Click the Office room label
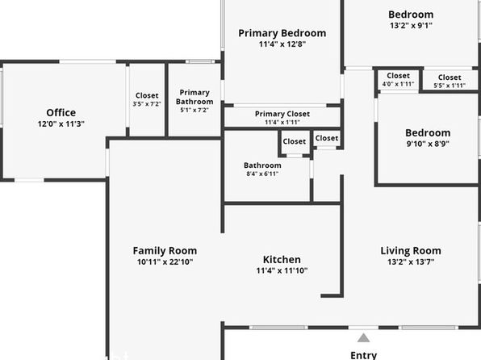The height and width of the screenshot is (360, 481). pos(61,113)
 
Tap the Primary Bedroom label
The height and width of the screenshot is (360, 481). pos(282,33)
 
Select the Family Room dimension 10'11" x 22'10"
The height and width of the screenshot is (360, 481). pos(165,262)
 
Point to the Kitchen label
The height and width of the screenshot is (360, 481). pos(282,260)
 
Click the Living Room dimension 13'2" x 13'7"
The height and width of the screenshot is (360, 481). pos(411,262)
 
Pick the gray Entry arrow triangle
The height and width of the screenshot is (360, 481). pos(363,338)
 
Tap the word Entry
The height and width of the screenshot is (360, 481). pos(363,355)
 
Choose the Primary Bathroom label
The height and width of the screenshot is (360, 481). pos(194,97)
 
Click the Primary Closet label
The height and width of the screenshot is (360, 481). pos(282,114)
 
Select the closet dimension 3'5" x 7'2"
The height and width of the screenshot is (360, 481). pos(147,104)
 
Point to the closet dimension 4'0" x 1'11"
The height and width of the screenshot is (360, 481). pos(398,84)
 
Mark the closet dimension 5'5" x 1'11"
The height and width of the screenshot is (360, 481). pos(450,86)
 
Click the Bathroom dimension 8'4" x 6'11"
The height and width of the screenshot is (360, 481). pos(262,174)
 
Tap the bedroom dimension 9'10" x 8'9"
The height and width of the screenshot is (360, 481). pos(428,144)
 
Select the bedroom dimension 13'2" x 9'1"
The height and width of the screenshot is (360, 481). pos(411,26)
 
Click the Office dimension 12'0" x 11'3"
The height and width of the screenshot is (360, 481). pos(61,124)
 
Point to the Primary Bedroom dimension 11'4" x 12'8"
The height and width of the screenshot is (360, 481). pos(282,44)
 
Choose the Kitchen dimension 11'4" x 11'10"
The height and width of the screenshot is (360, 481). pos(282,270)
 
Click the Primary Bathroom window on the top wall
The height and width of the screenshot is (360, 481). pos(200,61)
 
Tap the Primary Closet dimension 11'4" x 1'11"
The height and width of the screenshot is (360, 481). pos(282,122)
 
